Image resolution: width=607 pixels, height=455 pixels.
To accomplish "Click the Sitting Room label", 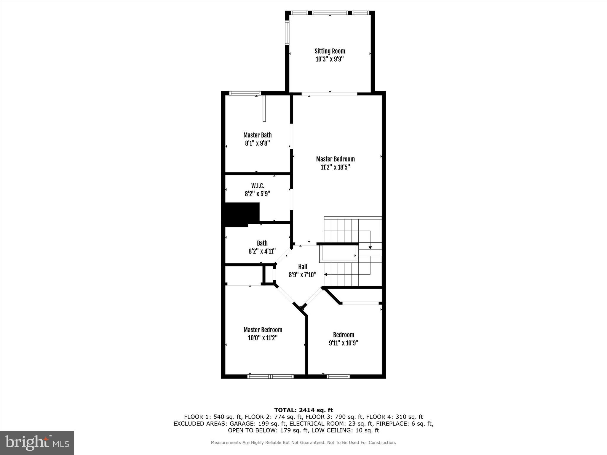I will point(330,51).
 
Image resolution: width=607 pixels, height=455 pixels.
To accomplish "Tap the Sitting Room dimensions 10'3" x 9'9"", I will point(330,59).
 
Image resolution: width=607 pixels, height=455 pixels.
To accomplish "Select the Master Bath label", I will point(257,135).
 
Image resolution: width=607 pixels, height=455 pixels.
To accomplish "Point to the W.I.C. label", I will point(258,186).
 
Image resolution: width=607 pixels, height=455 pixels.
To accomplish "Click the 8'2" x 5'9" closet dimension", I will point(257,194).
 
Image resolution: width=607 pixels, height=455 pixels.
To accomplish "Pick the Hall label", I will point(303,267).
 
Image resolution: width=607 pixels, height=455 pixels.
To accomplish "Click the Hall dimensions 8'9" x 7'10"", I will point(302,275).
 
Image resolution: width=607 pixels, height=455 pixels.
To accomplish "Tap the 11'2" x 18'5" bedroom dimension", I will point(335,167).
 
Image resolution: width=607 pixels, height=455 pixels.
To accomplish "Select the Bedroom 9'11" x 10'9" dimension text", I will point(344,343).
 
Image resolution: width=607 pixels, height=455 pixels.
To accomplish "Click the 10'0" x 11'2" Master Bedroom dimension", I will point(263,338).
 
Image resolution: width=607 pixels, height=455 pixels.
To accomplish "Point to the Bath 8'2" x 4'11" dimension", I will point(262,251).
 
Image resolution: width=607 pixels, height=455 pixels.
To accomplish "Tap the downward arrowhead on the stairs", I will point(370,247).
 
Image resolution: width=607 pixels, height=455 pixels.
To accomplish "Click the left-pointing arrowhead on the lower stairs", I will point(326,275).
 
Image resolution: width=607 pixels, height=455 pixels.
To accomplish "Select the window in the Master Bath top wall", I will point(245,93).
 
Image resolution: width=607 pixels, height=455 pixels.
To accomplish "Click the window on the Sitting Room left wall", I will point(287,32).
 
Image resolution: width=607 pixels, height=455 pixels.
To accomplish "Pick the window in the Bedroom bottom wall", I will point(338,377).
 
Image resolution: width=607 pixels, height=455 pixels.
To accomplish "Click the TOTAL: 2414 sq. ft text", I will point(303,410).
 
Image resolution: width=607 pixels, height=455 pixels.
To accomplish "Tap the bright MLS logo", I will point(37,442).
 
